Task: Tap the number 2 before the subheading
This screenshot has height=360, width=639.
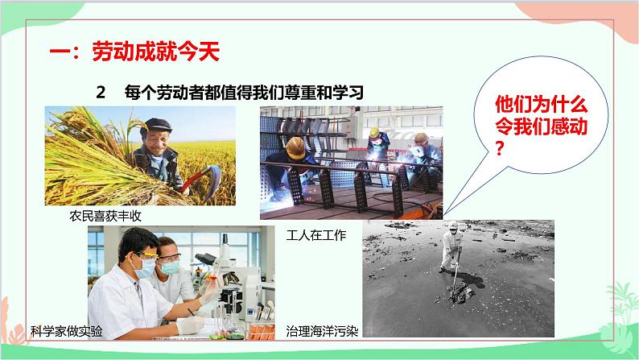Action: point(101,93)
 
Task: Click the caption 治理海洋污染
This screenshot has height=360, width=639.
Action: point(318,330)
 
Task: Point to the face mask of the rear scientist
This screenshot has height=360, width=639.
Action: point(171,263)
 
